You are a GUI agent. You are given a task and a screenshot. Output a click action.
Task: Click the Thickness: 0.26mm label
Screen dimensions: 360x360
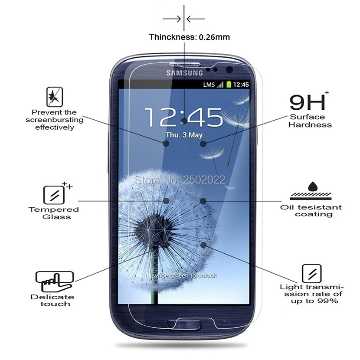click(x=190, y=37)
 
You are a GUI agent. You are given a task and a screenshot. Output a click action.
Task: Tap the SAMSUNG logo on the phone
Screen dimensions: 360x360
click(x=185, y=73)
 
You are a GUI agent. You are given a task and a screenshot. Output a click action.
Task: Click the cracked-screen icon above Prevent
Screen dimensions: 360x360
click(x=55, y=97)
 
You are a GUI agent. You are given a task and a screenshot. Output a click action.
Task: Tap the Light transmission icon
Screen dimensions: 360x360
click(x=312, y=274)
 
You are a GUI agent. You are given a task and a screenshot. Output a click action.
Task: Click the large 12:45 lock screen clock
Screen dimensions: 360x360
click(x=184, y=118)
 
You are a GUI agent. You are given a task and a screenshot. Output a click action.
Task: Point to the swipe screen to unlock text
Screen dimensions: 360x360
click(x=184, y=276)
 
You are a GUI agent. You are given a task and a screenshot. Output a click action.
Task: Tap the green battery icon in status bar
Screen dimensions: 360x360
click(x=229, y=85)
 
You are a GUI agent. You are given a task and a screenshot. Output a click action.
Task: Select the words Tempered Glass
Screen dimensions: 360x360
click(x=54, y=213)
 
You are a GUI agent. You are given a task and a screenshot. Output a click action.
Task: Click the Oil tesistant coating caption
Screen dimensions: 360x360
click(x=311, y=211)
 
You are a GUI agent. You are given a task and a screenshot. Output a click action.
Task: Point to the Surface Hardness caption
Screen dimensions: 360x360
click(x=310, y=121)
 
